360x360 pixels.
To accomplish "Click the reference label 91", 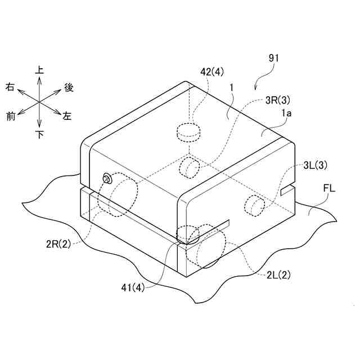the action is click(273, 57).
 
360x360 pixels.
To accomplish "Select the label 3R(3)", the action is click(278, 101).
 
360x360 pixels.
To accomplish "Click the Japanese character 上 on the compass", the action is click(40, 70).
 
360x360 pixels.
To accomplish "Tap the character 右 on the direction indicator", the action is click(10, 87).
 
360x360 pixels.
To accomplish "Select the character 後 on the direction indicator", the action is click(69, 87).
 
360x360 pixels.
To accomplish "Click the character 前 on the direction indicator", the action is click(10, 116).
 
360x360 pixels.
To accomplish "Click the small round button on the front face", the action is click(106, 179).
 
